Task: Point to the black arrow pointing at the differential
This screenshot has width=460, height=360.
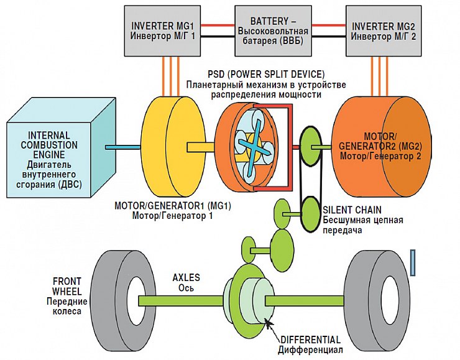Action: pos(269,324)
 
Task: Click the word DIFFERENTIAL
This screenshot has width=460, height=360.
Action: pos(310,340)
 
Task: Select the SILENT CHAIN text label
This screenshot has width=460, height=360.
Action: pos(352,210)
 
